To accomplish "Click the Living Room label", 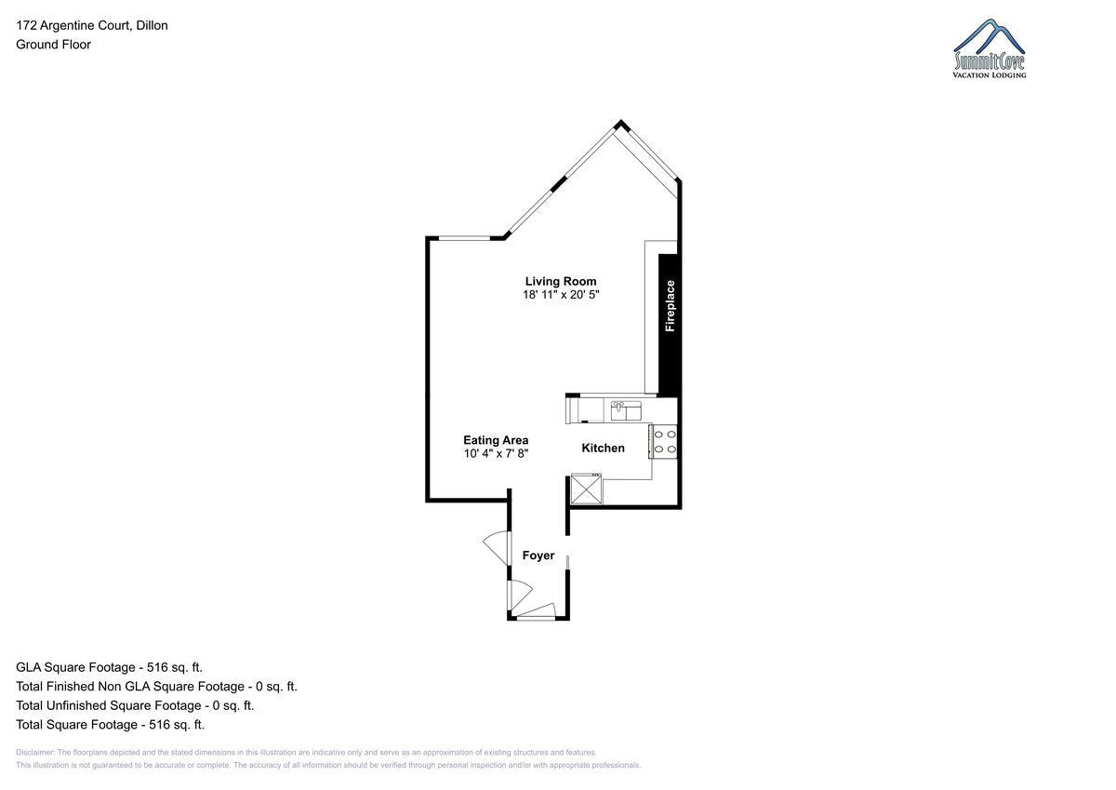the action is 561,282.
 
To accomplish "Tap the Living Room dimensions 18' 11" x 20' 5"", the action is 561,295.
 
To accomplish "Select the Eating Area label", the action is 496,441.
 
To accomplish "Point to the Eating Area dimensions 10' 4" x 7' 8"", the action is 496,453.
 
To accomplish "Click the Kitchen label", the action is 603,449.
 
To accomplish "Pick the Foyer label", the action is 538,556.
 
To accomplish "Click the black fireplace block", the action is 668,326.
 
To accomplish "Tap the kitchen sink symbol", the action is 626,411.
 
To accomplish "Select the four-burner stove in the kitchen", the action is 663,442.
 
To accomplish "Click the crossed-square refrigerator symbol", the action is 587,489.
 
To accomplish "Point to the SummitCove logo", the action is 990,48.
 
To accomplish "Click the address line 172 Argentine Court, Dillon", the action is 92,25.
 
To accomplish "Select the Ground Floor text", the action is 53,45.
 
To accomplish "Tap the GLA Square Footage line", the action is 109,667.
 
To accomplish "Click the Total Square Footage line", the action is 110,725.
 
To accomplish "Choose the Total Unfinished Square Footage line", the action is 135,705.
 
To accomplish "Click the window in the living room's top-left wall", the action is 464,238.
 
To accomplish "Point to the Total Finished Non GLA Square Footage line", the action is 156,687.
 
